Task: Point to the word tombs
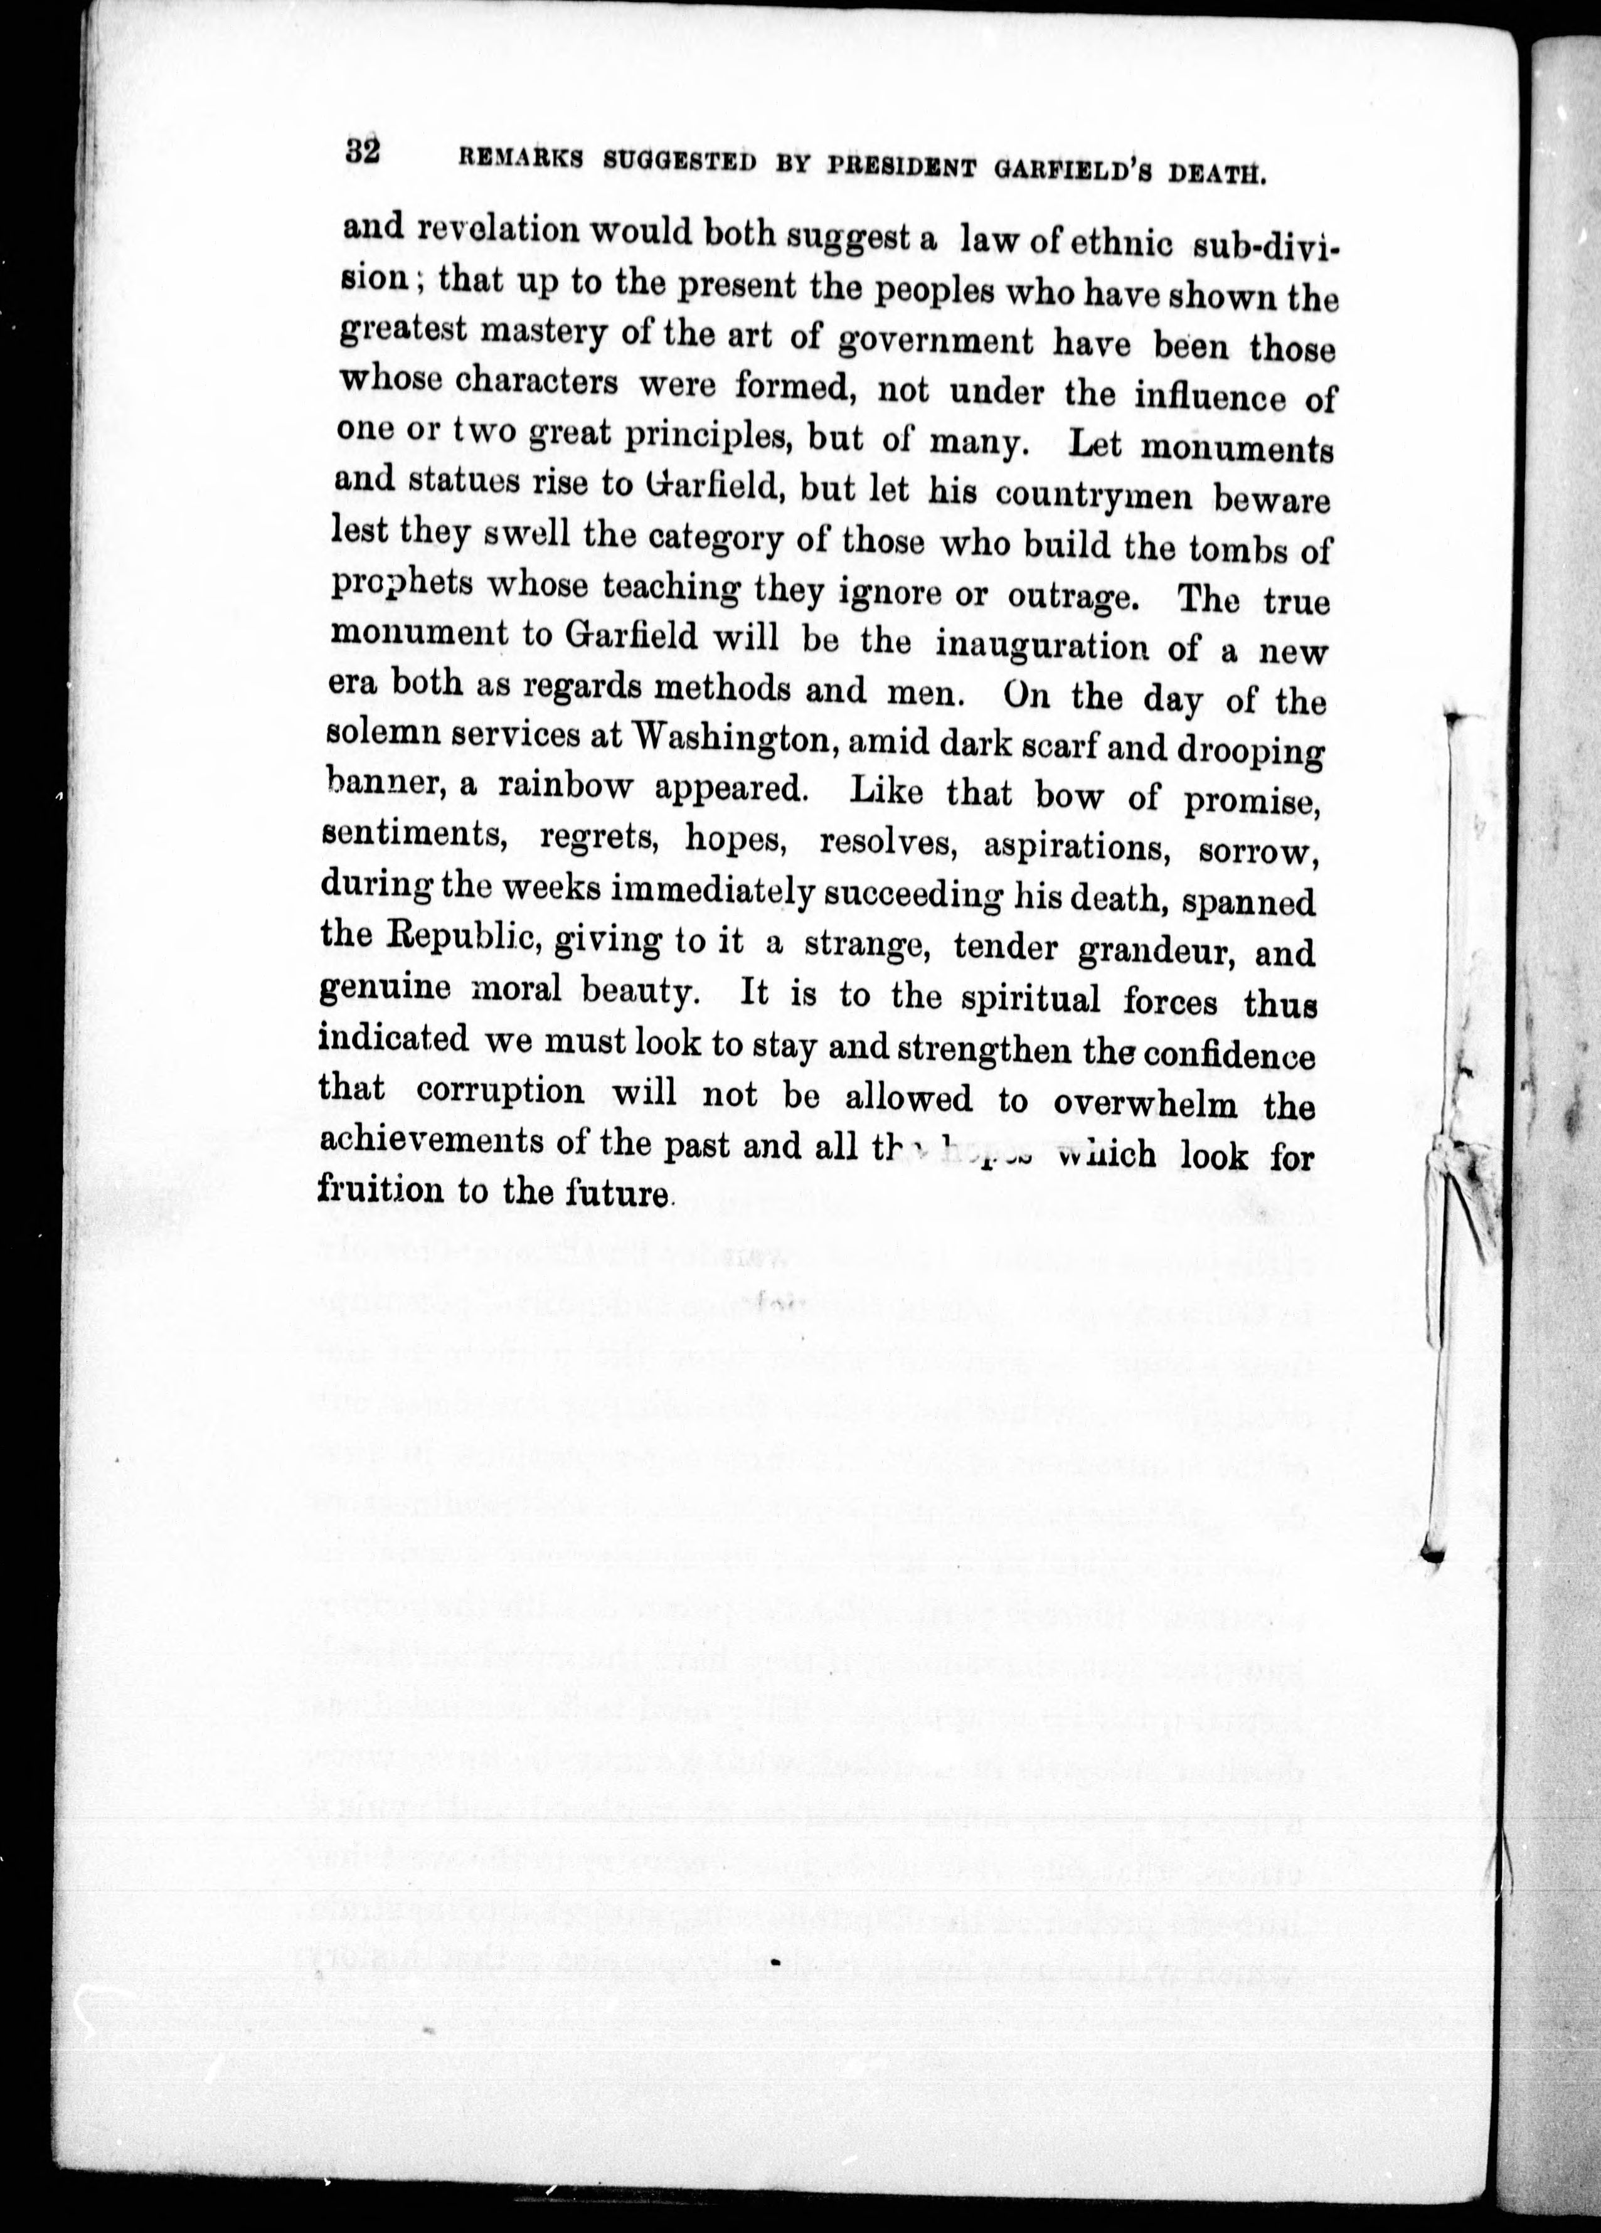coord(1238,548)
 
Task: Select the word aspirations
coord(1077,846)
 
